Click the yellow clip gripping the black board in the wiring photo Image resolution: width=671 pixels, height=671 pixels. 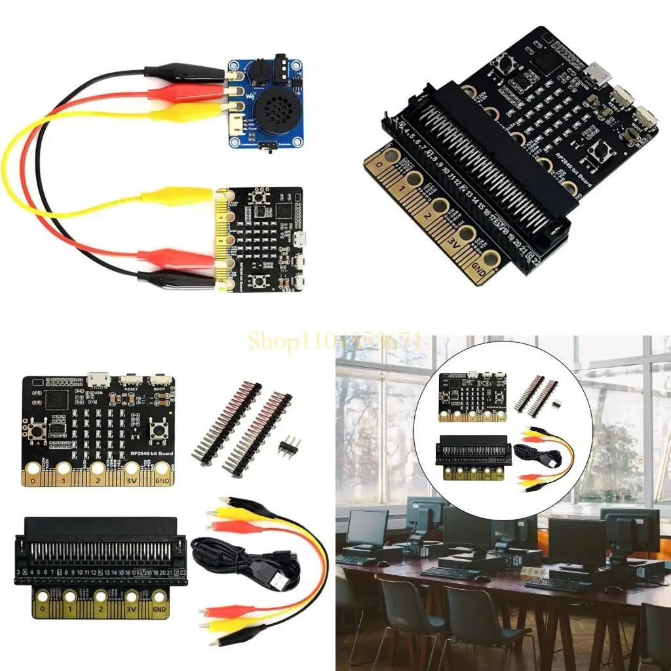[x=180, y=196]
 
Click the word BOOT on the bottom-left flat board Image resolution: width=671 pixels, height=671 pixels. [x=159, y=387]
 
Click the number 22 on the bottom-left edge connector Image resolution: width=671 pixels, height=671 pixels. [x=183, y=572]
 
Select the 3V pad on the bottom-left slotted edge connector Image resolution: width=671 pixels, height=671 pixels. [x=132, y=598]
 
